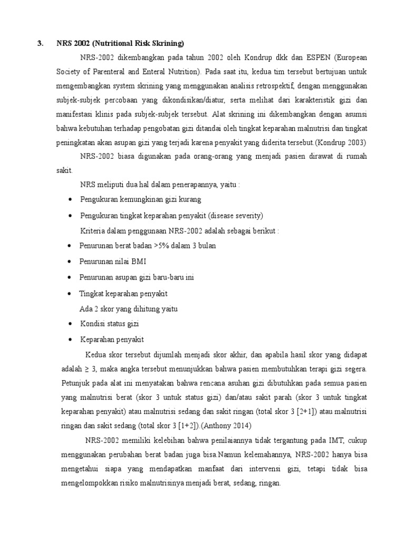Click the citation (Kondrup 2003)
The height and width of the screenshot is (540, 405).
(343, 142)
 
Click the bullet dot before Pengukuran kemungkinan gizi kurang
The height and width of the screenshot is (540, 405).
(71, 200)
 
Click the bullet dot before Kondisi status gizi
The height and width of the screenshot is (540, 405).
(71, 324)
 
